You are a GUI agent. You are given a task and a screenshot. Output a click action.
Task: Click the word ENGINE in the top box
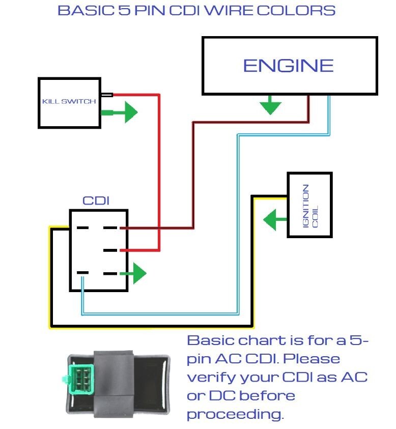pos(288,65)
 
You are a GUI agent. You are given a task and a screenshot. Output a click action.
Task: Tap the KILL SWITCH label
pos(69,101)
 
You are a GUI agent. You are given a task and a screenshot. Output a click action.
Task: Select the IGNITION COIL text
pos(309,205)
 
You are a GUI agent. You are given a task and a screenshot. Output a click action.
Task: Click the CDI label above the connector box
pos(96,201)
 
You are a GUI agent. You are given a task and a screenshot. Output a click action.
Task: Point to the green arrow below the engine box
pos(270,105)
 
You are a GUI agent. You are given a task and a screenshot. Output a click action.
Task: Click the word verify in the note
pos(209,378)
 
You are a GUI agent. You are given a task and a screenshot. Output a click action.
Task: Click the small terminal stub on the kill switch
pos(106,95)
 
